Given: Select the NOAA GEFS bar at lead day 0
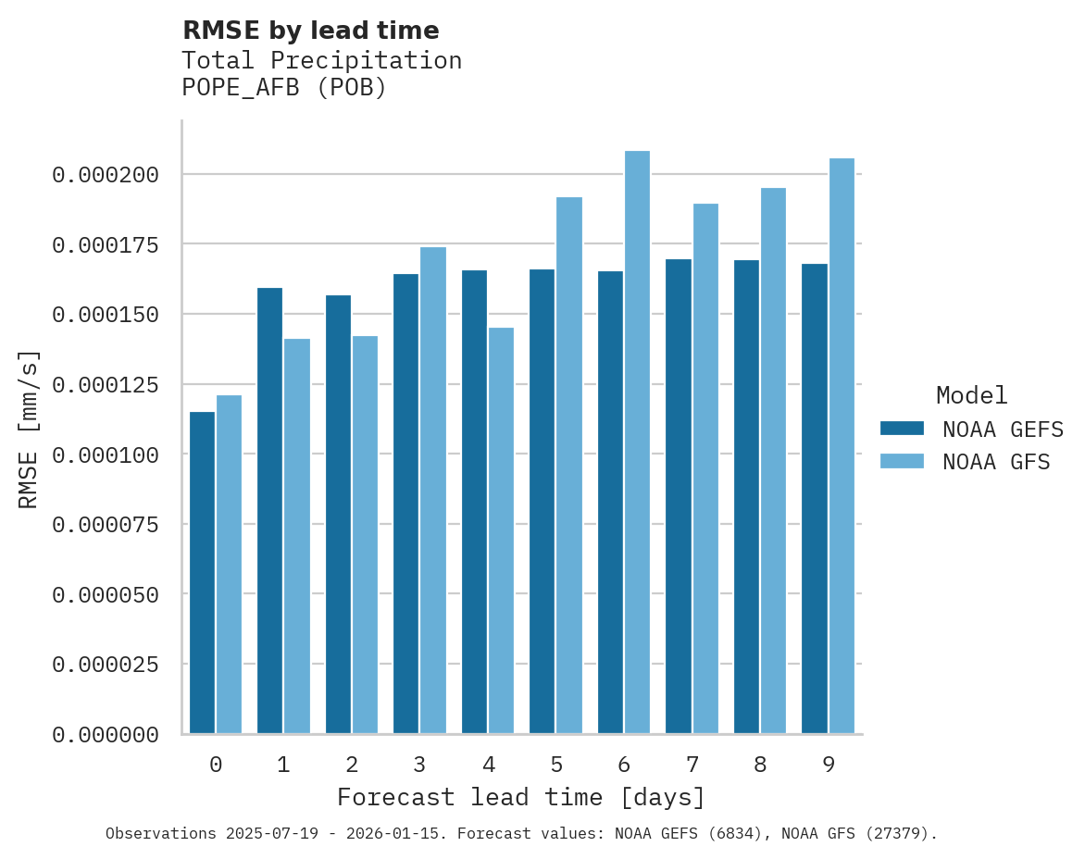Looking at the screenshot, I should [202, 573].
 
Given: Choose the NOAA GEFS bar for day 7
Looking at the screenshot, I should [679, 496].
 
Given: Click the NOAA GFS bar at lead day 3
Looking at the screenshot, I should [433, 491].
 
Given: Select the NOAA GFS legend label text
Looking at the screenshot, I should [996, 462].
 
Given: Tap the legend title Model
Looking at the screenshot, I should [971, 395].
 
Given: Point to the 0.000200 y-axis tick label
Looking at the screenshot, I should [106, 175].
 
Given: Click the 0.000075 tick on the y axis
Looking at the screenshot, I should [106, 525].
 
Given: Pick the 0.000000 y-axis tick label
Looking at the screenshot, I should [106, 735].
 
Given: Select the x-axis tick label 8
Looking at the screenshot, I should [760, 765].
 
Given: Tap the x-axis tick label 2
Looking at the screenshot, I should [352, 765].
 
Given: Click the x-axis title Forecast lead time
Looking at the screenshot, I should [520, 797].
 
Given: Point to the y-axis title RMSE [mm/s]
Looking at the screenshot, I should [29, 429].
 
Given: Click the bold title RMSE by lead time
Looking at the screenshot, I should [310, 31].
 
